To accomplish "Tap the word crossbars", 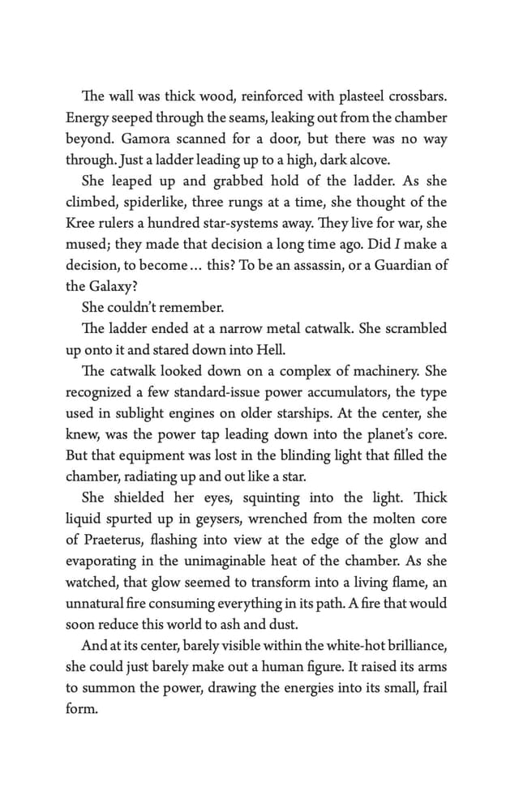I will point(418,96).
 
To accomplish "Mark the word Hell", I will point(264,349).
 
